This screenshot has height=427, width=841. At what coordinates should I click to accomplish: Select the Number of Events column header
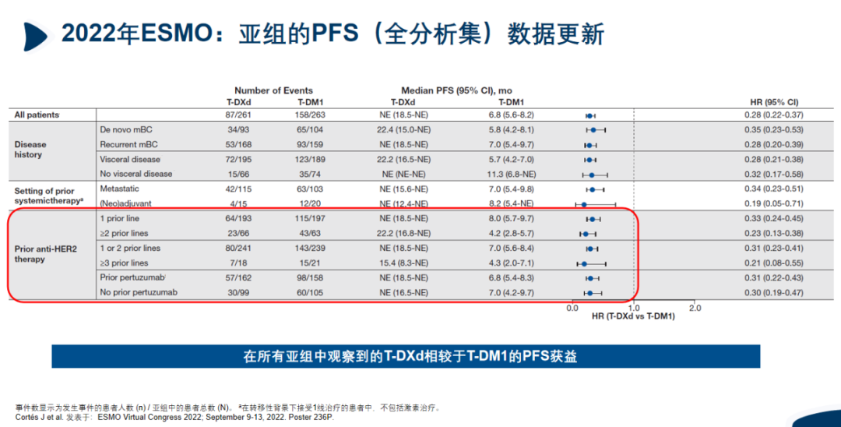(x=273, y=90)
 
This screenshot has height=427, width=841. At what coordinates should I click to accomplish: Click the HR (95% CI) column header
(x=774, y=102)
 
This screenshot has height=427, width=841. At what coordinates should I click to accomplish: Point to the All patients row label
(x=37, y=115)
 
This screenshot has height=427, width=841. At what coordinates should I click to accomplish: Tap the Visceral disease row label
(x=130, y=159)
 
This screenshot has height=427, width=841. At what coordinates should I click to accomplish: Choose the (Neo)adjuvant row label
(x=125, y=203)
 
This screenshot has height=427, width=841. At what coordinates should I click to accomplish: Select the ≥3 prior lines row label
(x=124, y=263)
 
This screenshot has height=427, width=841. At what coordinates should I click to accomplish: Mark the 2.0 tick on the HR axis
(x=695, y=308)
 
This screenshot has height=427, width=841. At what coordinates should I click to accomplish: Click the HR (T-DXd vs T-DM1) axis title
(x=633, y=316)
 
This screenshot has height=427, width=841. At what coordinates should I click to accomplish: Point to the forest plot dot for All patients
(x=590, y=115)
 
